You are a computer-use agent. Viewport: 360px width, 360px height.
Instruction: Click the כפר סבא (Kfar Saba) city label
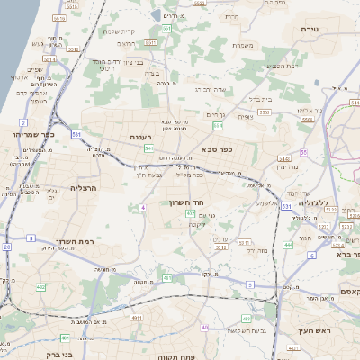pos(219,148)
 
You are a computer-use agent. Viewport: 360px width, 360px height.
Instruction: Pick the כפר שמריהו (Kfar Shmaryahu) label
pos(32,133)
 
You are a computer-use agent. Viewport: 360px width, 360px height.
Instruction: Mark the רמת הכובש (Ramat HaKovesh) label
pos(282,66)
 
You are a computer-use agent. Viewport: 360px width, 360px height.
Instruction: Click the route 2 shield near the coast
pos(22,121)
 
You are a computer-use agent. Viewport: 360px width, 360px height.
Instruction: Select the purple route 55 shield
pos(304,152)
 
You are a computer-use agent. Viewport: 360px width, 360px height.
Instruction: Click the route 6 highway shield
pos(311,256)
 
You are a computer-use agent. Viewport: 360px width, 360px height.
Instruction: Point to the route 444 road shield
pos(288,244)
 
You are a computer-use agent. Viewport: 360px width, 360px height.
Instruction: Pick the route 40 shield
pos(206,327)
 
